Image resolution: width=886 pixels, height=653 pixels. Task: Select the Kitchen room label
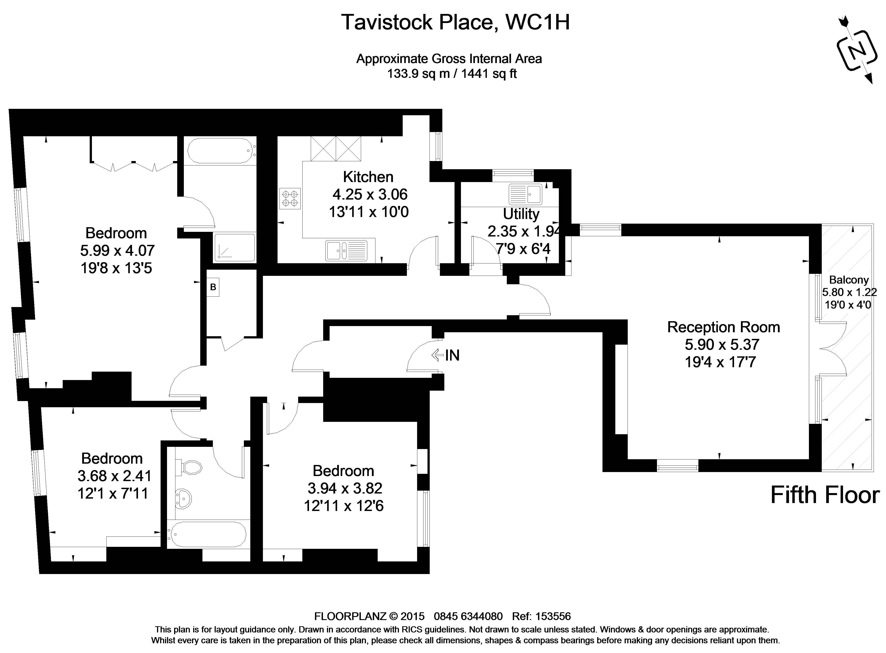tap(368, 177)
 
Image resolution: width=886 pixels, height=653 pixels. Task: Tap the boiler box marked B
tap(213, 287)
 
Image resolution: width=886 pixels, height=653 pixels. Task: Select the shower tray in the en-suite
tap(235, 247)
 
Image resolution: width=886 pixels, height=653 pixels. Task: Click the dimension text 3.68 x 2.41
tap(114, 476)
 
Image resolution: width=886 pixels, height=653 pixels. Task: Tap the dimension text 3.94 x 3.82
tap(345, 488)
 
